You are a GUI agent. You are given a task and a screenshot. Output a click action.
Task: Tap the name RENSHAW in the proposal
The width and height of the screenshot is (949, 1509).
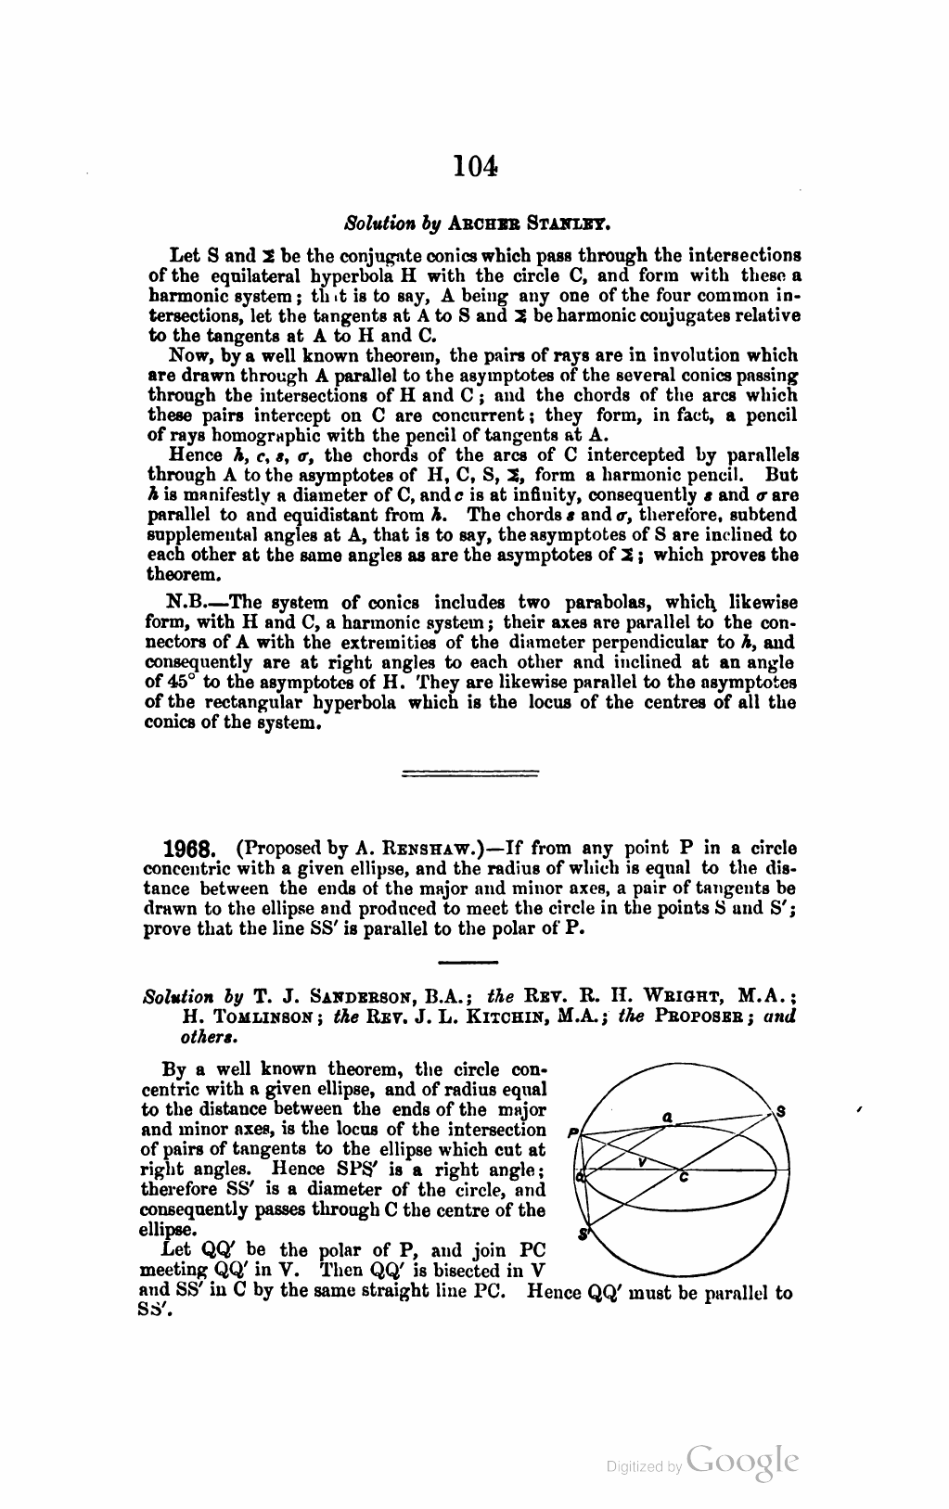click(412, 848)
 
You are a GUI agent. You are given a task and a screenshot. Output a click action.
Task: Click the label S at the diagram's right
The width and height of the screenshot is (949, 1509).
click(781, 1110)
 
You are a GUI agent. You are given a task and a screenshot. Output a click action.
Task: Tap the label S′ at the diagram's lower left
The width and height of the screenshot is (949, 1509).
click(584, 1233)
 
